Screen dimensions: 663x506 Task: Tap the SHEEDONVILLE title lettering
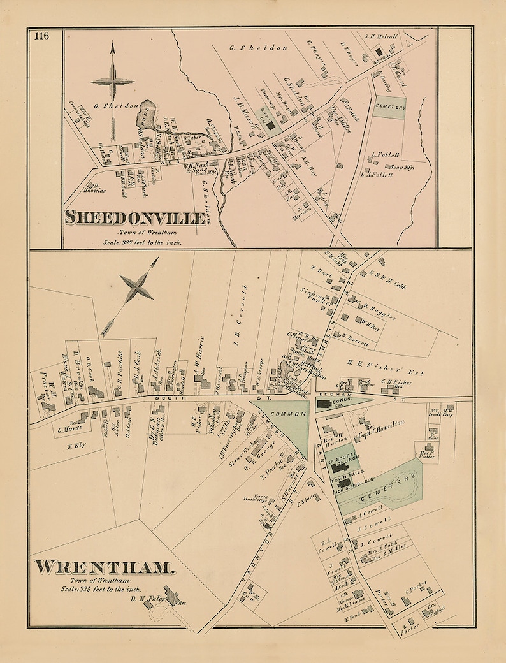click(x=138, y=217)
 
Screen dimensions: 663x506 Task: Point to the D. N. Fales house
click(x=171, y=595)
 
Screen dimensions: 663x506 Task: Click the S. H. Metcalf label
click(x=382, y=37)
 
